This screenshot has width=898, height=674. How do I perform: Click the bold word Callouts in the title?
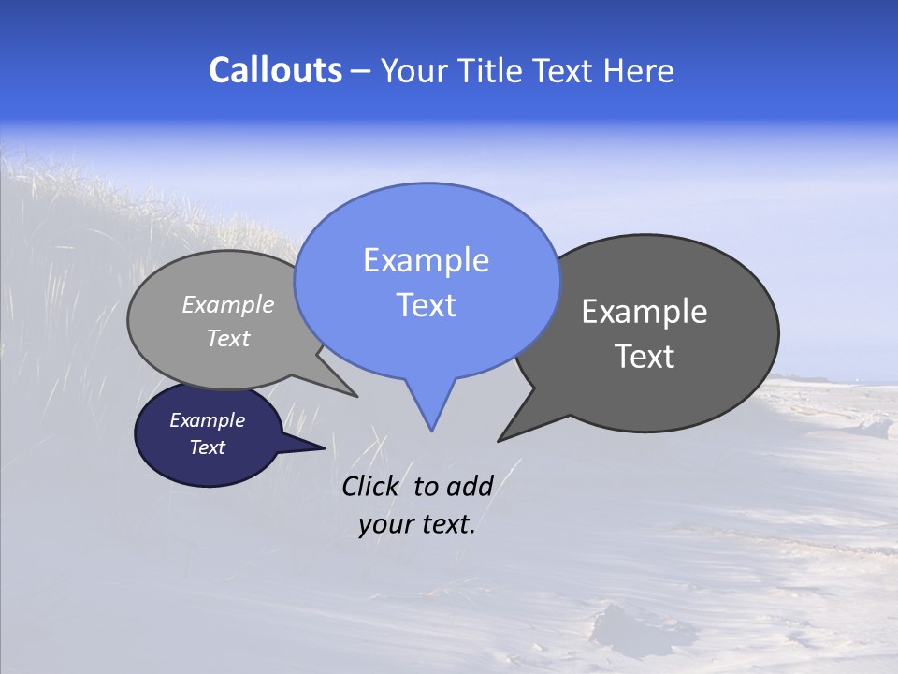click(x=275, y=70)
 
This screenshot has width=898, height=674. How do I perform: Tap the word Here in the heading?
click(x=638, y=70)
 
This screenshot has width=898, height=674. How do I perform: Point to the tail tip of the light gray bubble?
click(x=355, y=396)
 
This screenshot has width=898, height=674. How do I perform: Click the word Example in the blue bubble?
click(x=426, y=260)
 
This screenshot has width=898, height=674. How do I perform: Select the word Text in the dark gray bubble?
click(x=645, y=357)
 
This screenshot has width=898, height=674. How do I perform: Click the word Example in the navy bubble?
click(x=207, y=420)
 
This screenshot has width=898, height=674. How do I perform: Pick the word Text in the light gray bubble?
click(x=228, y=338)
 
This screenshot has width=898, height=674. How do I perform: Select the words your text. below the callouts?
click(x=417, y=525)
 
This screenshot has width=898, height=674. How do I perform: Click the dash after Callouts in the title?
click(x=360, y=71)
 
